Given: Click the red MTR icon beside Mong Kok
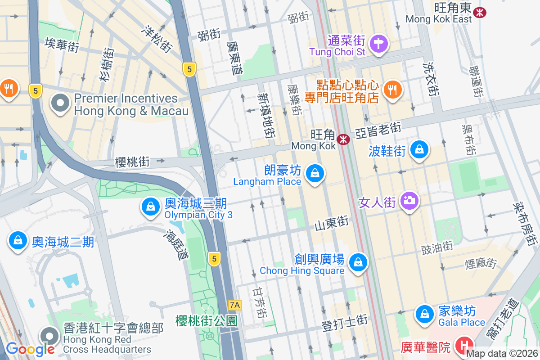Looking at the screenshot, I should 344,139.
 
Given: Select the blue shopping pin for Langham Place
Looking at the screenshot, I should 315,173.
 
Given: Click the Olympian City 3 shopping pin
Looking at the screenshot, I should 150,207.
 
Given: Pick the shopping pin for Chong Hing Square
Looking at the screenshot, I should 358,262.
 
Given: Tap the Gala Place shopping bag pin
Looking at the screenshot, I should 424,314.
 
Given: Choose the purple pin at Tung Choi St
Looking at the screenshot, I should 379,44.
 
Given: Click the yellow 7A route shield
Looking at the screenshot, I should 235,305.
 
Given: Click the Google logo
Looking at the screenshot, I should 31,348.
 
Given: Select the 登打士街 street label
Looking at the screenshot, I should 345,322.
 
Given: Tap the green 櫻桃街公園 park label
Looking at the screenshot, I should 206,320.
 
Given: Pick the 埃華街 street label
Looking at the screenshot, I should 62,45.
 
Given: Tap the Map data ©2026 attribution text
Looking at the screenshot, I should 502,354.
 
